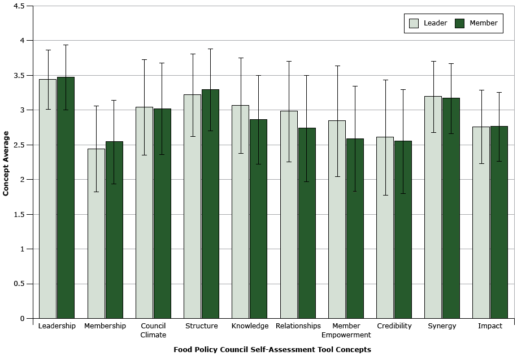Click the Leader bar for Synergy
433,215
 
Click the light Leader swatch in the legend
414,23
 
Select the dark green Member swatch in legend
459,23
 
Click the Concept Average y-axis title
6,163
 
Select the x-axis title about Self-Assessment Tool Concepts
272,350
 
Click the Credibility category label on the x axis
394,326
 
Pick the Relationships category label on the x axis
298,326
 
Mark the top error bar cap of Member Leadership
66,45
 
